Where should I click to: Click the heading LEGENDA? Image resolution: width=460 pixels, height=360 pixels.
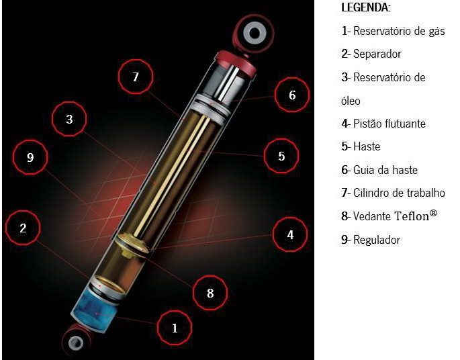(x=366, y=7)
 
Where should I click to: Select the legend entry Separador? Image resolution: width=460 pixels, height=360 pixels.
(x=377, y=54)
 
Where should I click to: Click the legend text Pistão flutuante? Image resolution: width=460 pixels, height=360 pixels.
(x=389, y=124)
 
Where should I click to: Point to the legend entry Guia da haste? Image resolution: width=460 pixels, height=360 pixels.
(x=385, y=170)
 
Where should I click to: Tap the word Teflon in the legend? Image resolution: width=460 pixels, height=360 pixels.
(x=412, y=216)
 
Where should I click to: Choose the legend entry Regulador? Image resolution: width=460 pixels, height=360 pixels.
(x=377, y=240)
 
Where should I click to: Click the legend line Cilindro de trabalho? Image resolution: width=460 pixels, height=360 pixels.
(x=399, y=193)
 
